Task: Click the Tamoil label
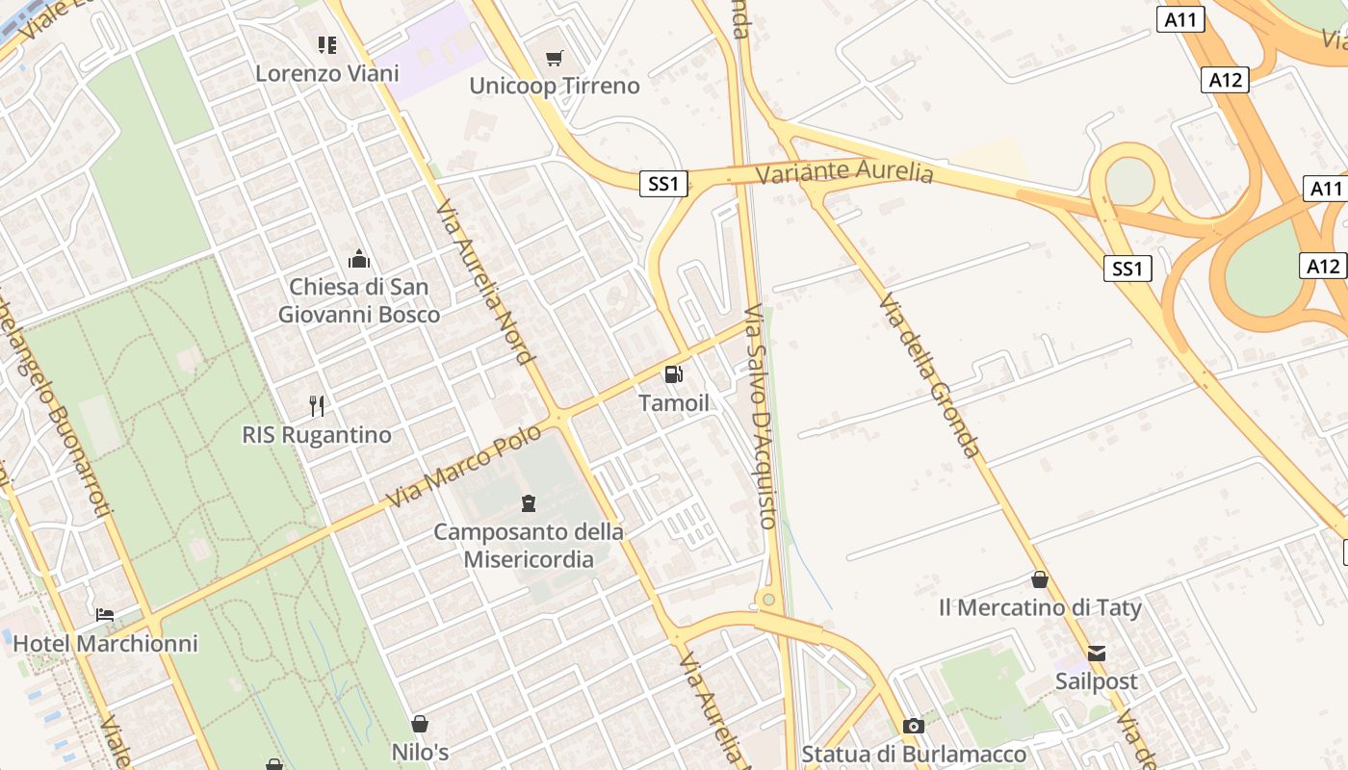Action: tap(674, 403)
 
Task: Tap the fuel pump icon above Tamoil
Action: tap(674, 374)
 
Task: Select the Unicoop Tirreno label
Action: tap(554, 86)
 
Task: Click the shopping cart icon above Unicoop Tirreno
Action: tap(554, 59)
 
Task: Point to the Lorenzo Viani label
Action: tap(327, 73)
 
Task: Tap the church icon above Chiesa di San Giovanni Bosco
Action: tap(359, 259)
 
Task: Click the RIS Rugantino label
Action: tap(317, 435)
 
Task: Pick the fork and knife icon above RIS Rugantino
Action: tap(317, 405)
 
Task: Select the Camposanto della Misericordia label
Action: tap(529, 545)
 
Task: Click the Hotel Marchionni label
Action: tap(106, 644)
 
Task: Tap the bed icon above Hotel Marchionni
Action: tap(105, 614)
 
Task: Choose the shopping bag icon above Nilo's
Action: tap(420, 724)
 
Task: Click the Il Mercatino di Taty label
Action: tap(1040, 608)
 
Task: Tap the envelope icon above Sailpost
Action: tap(1097, 654)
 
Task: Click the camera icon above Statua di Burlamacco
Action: tap(914, 726)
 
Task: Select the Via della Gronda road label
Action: tap(929, 375)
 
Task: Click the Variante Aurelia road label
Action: tap(844, 172)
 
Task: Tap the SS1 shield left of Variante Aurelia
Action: tap(663, 183)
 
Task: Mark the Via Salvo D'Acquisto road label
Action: tap(761, 417)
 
